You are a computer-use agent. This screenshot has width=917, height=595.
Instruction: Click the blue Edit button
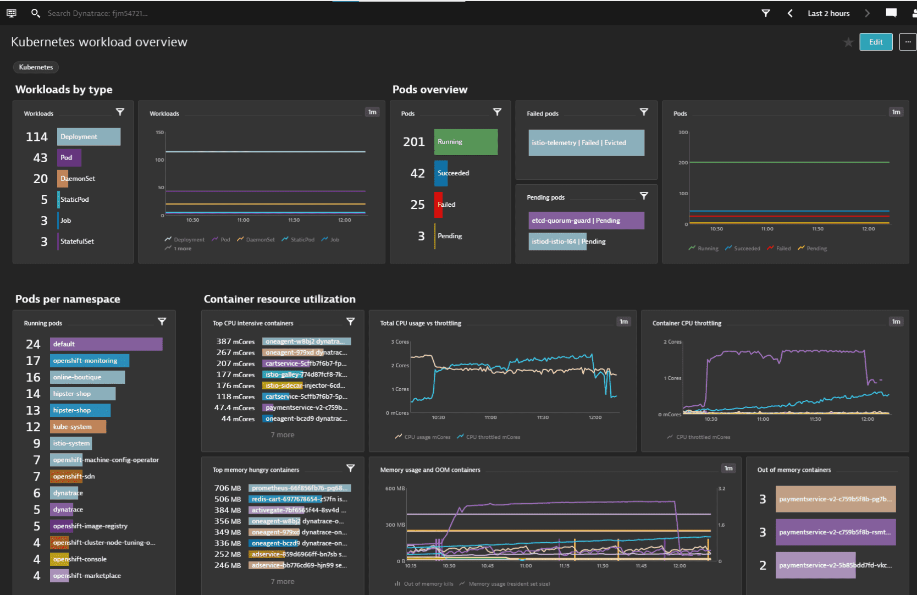[876, 42]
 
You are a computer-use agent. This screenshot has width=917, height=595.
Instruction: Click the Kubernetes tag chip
[36, 67]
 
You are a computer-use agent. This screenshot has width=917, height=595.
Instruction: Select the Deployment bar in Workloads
[89, 137]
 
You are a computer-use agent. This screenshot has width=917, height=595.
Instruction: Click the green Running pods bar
[466, 142]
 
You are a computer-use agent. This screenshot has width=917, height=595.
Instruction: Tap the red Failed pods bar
[438, 205]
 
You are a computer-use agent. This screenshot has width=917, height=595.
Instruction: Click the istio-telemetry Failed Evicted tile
[586, 143]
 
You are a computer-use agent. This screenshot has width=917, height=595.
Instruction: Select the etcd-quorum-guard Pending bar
[586, 221]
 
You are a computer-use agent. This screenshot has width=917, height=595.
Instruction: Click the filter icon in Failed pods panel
[644, 112]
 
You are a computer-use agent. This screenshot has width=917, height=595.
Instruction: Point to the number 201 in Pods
[414, 142]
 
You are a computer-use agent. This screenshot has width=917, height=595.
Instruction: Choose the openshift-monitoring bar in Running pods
[90, 361]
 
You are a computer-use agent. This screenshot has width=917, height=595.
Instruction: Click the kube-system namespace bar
[78, 427]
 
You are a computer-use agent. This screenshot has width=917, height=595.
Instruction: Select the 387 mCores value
[235, 341]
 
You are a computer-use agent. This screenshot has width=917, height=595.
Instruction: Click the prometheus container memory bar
[300, 488]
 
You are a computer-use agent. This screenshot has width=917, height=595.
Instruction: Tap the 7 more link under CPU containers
[283, 435]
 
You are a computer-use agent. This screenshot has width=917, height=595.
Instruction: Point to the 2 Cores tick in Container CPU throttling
[672, 342]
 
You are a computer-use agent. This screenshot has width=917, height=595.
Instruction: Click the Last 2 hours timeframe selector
[828, 13]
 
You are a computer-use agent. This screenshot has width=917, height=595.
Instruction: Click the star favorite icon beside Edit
[848, 42]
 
